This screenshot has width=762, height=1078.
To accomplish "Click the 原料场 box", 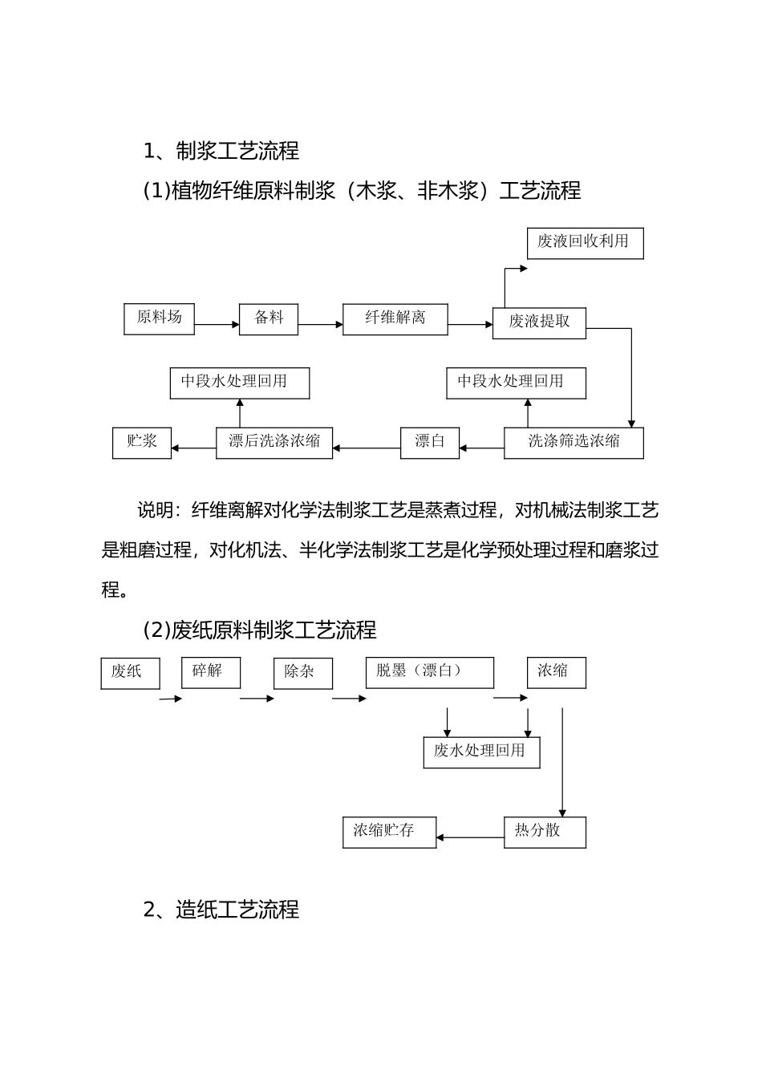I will coord(159,318).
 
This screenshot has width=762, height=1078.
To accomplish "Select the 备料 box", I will coord(269,318).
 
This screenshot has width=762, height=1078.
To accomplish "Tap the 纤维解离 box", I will coord(395,318).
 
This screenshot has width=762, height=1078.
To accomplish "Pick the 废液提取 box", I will coord(539,322).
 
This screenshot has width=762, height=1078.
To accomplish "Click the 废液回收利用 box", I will coord(585,242).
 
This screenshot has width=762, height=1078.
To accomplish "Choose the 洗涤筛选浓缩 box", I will coord(574,442).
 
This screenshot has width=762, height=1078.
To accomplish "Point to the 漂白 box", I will coord(429,442).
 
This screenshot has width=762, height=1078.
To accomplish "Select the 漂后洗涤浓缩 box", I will coord(274,442).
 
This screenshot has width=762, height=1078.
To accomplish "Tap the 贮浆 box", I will coord(141,442).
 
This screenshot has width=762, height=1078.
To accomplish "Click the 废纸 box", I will coord(130,673).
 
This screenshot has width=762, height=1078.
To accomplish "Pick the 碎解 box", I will coord(210,672).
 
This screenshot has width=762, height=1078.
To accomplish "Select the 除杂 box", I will coord(302,673).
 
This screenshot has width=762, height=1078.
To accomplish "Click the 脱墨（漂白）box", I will coord(429,672).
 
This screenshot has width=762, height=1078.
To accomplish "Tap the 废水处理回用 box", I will coord(481,752).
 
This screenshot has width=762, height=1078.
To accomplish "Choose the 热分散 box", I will coord(545,832).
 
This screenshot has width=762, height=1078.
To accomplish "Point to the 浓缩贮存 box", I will coord(389,832).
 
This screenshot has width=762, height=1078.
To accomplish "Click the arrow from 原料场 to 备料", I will coord(217,325).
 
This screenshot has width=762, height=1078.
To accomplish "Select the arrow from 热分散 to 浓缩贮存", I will coord(470,838).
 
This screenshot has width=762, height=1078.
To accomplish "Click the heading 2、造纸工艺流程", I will coord(221,910).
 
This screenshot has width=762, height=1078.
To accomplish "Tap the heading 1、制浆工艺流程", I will coord(221,150).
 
